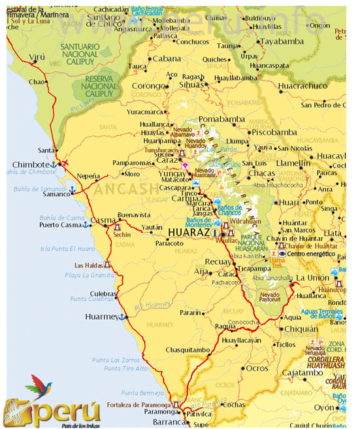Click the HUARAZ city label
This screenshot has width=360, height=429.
coord(190,232)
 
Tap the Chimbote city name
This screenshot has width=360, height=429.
coord(32,164)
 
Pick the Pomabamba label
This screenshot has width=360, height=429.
coord(221,120)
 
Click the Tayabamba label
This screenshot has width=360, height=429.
coord(282,41)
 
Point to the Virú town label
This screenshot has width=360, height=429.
coord(37,57)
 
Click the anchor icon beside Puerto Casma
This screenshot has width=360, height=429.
coord(86,225)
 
